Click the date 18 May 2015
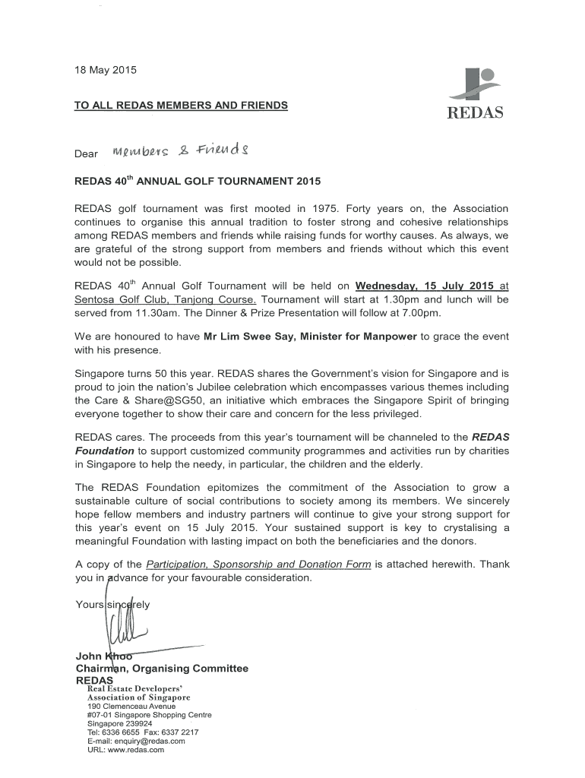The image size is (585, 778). pyautogui.click(x=105, y=71)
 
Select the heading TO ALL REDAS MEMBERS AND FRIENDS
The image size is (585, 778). pyautogui.click(x=181, y=106)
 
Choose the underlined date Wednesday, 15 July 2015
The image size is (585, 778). pyautogui.click(x=425, y=286)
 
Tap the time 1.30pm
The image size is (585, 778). pyautogui.click(x=408, y=299)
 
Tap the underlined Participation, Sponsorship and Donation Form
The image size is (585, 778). pyautogui.click(x=258, y=565)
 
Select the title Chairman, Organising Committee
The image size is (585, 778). pyautogui.click(x=162, y=669)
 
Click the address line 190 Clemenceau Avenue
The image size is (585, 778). pyautogui.click(x=131, y=706)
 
